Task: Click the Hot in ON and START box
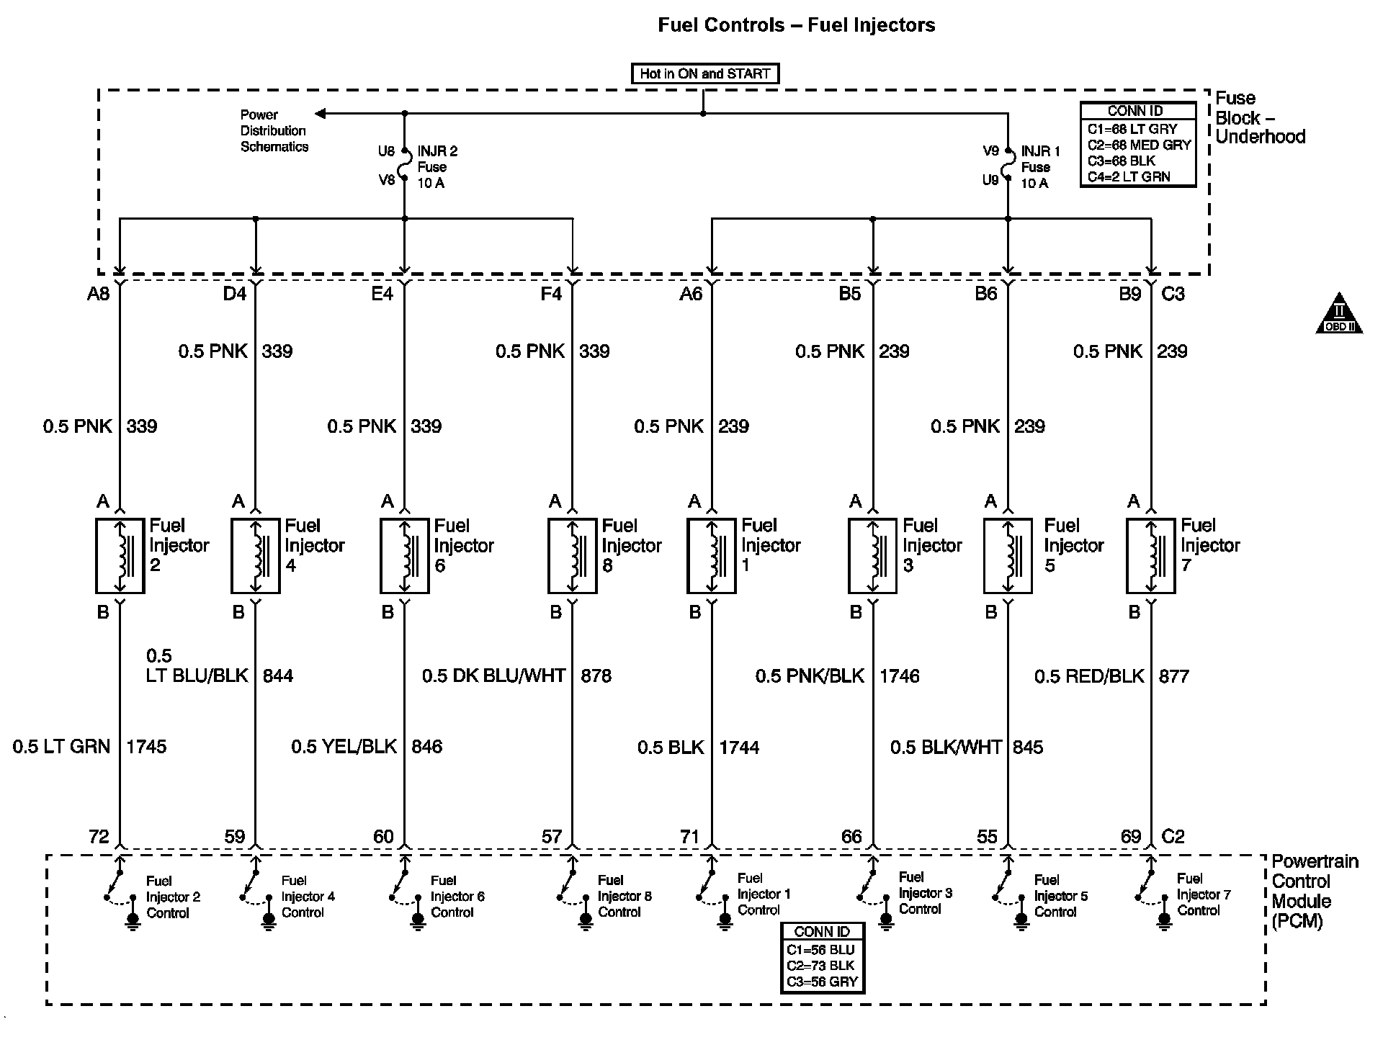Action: pyautogui.click(x=704, y=73)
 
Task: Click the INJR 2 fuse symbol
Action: pyautogui.click(x=405, y=166)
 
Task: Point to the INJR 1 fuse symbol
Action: pyautogui.click(x=1008, y=166)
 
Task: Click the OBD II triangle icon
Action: pyautogui.click(x=1339, y=314)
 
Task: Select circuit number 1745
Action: pyautogui.click(x=146, y=747)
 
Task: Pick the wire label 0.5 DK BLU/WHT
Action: pyautogui.click(x=493, y=675)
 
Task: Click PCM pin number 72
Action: pyautogui.click(x=99, y=836)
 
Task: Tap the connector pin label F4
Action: pyautogui.click(x=551, y=294)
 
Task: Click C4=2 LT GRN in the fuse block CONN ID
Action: pyautogui.click(x=1129, y=176)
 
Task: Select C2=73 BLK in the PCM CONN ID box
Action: pyautogui.click(x=822, y=966)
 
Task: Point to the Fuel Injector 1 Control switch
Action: pyautogui.click(x=704, y=888)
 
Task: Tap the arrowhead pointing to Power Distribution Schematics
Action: pyautogui.click(x=321, y=113)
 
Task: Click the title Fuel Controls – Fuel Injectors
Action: pyautogui.click(x=796, y=25)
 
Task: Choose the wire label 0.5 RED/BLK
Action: pyautogui.click(x=1089, y=675)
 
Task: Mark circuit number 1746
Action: pyautogui.click(x=900, y=675)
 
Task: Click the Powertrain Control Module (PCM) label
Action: pyautogui.click(x=1314, y=891)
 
